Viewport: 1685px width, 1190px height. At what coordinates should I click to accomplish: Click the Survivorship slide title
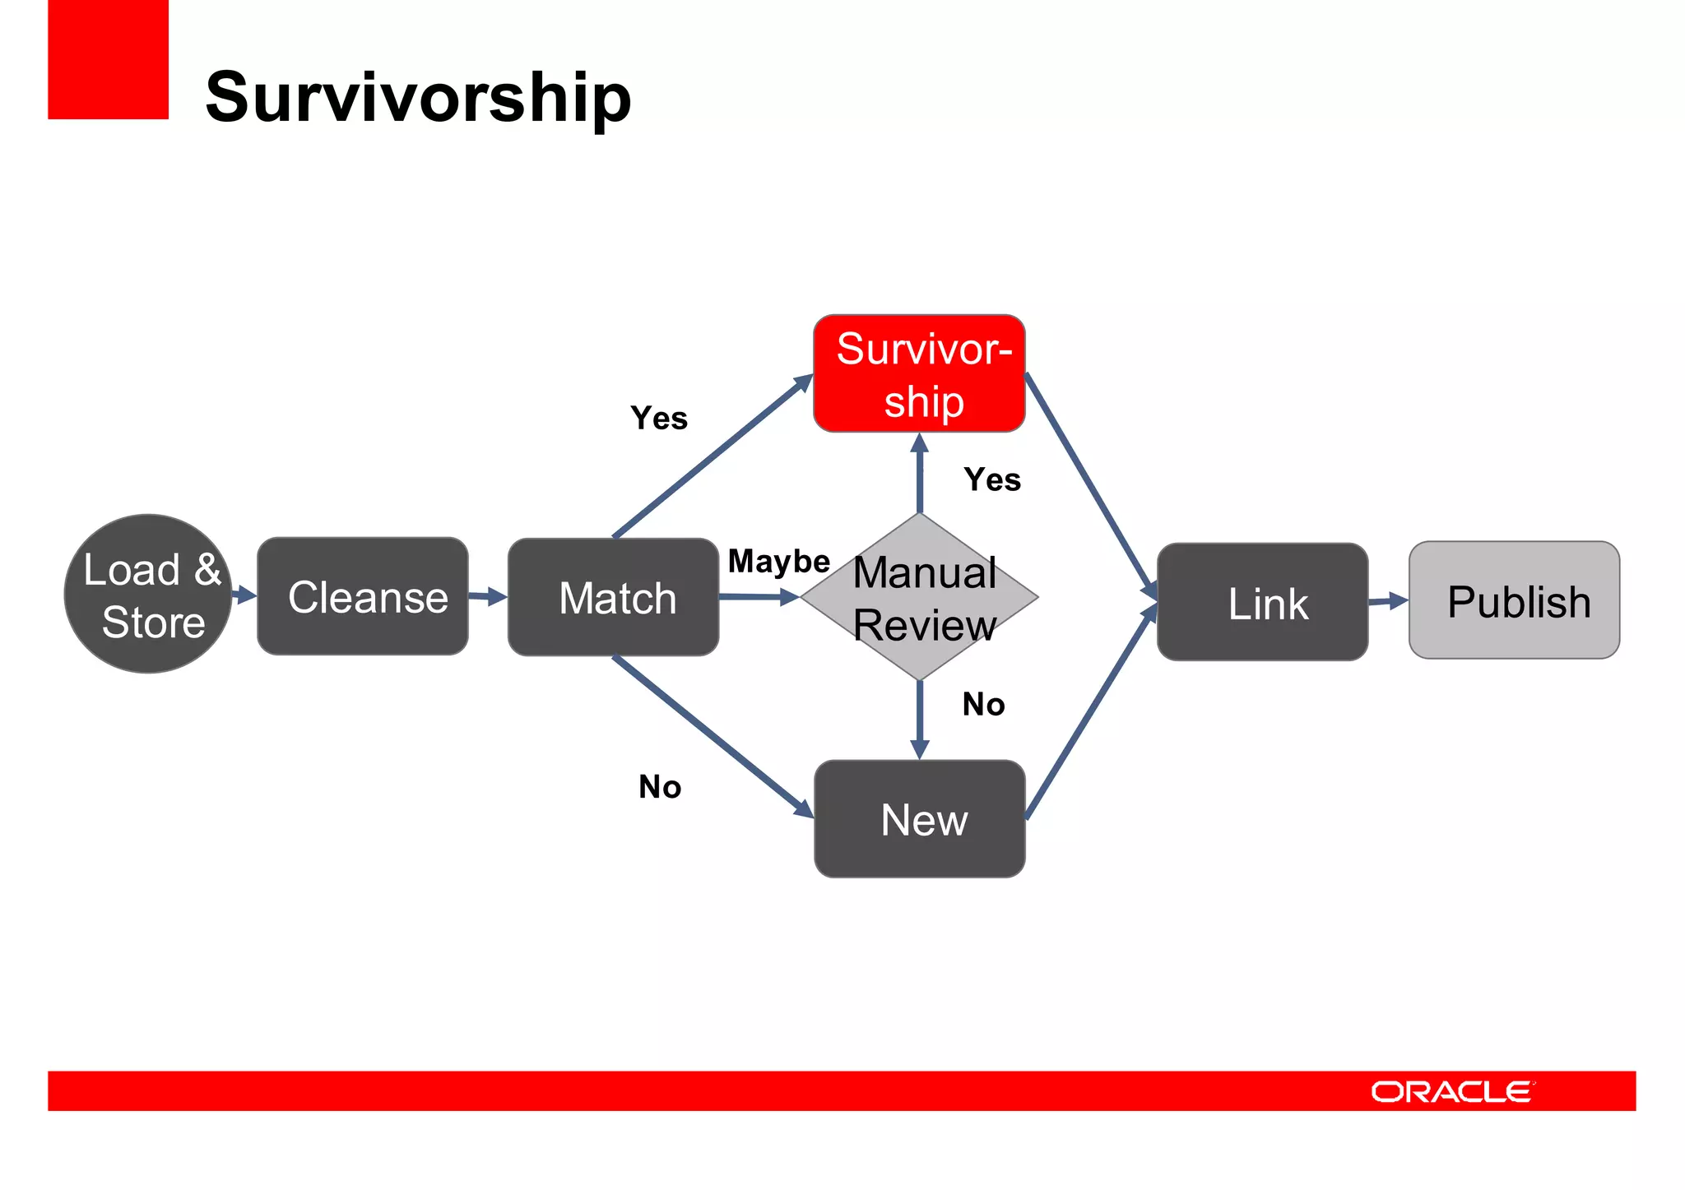pyautogui.click(x=418, y=97)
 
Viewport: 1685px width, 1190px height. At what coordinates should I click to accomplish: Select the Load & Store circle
pyautogui.click(x=148, y=594)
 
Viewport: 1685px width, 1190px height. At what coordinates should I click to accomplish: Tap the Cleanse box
pyautogui.click(x=363, y=596)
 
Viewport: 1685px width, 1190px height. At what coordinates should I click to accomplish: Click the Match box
pyautogui.click(x=613, y=597)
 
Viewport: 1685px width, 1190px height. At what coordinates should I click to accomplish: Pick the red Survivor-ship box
pyautogui.click(x=919, y=373)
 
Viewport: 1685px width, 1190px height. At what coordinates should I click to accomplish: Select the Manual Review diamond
pyautogui.click(x=919, y=598)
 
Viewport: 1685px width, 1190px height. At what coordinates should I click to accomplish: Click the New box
pyautogui.click(x=919, y=819)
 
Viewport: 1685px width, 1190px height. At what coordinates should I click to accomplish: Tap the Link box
pyautogui.click(x=1262, y=602)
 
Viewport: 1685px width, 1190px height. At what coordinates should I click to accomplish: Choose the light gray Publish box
pyautogui.click(x=1514, y=600)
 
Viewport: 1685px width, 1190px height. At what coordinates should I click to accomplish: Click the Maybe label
pyautogui.click(x=778, y=562)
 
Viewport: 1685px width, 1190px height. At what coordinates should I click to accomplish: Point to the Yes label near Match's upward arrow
pyautogui.click(x=659, y=419)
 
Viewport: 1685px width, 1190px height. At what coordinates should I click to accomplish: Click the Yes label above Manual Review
pyautogui.click(x=992, y=479)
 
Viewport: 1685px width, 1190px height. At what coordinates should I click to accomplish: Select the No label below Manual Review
pyautogui.click(x=983, y=705)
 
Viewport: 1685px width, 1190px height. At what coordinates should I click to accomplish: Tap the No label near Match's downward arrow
pyautogui.click(x=660, y=787)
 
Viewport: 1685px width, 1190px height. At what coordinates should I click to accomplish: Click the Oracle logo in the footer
pyautogui.click(x=1452, y=1091)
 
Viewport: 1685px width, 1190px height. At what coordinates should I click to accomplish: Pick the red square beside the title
pyautogui.click(x=108, y=59)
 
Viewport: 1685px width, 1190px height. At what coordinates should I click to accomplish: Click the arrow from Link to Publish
pyautogui.click(x=1389, y=601)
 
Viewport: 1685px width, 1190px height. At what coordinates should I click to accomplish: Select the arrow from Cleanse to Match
pyautogui.click(x=488, y=596)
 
